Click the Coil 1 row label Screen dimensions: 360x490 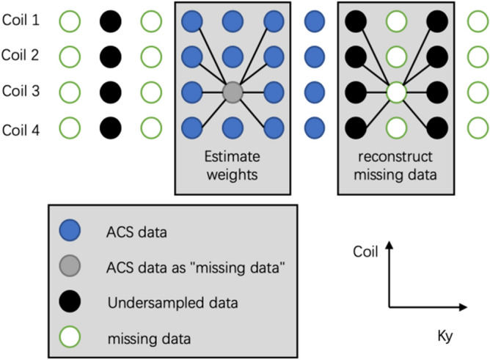click(21, 20)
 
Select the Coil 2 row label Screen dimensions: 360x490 click(21, 56)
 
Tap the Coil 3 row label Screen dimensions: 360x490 click(21, 92)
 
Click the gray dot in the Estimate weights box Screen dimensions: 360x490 click(233, 92)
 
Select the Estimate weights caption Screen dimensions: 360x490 click(233, 166)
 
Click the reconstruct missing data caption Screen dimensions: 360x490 click(396, 166)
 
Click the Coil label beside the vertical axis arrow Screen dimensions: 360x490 click(366, 253)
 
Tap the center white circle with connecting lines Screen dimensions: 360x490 click(396, 92)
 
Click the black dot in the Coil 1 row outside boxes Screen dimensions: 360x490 click(110, 20)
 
